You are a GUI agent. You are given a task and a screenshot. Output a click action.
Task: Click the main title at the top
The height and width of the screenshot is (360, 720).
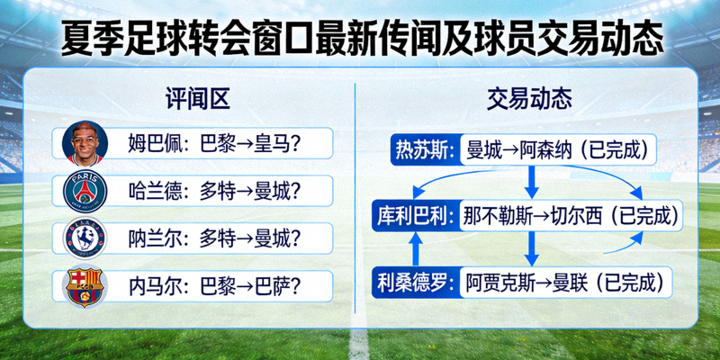pos(360,37)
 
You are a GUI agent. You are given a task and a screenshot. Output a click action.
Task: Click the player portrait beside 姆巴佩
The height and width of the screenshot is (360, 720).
pos(85,144)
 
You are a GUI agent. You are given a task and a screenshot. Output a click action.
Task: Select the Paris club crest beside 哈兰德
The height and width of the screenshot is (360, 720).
pos(85,191)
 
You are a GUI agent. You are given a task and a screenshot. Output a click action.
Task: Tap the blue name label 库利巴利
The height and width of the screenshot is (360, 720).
pos(417,216)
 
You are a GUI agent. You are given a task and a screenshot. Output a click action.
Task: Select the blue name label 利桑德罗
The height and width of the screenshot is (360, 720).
pos(417,283)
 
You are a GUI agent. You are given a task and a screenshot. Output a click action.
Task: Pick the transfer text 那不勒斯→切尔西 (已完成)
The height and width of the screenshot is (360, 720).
pos(567,216)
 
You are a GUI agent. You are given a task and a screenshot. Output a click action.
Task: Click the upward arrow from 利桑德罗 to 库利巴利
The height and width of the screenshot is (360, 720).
pos(416,249)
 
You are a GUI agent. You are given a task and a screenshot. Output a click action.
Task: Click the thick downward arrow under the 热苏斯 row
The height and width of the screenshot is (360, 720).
pos(531,183)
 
